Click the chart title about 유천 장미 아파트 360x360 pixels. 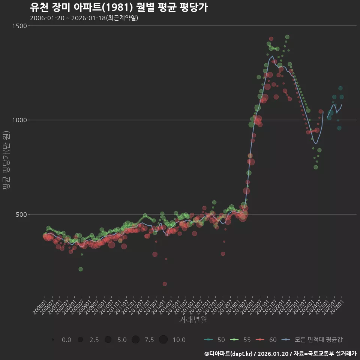[118, 8]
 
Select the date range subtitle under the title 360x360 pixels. [84, 18]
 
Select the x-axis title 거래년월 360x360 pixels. [193, 319]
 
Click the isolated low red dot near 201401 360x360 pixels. [165, 284]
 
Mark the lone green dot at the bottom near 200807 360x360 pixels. [81, 269]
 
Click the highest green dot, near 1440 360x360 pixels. [287, 37]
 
